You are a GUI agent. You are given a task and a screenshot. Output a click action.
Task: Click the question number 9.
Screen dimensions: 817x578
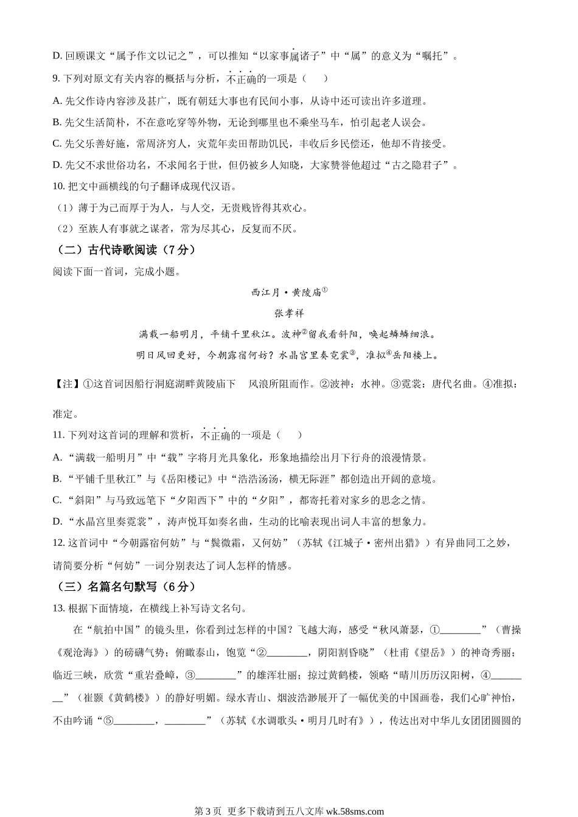[56, 78]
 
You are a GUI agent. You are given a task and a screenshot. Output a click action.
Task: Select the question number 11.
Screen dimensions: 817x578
[58, 435]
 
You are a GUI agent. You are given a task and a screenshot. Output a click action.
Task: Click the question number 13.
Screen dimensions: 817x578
[58, 608]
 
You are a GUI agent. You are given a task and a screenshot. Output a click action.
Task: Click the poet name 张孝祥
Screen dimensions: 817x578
[289, 314]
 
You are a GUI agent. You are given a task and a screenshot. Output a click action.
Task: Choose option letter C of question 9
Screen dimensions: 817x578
[57, 144]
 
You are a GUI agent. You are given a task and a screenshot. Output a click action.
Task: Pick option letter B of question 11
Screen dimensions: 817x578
[57, 479]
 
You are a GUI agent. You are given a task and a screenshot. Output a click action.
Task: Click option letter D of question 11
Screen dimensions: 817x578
[57, 522]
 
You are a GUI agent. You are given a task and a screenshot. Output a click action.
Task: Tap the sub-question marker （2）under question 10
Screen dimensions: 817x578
[65, 229]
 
